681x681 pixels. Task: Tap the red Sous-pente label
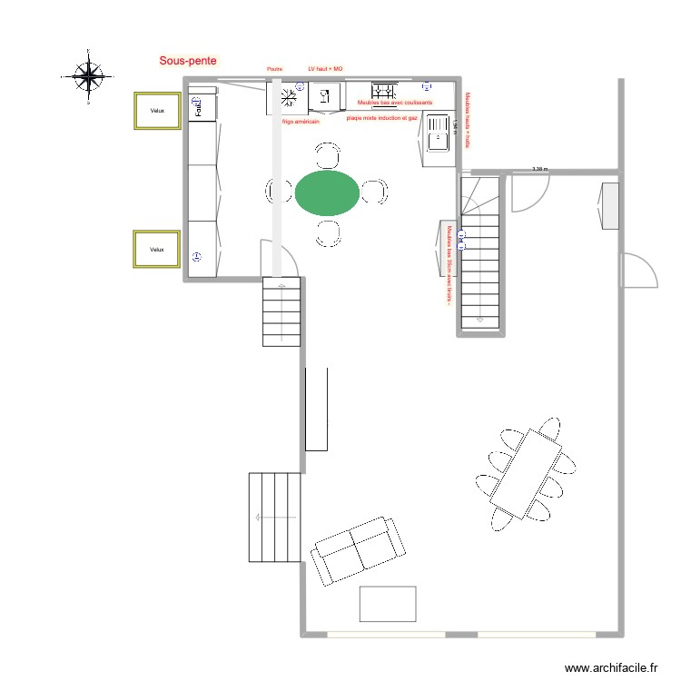pyautogui.click(x=188, y=61)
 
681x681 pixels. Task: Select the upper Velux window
pyautogui.click(x=158, y=111)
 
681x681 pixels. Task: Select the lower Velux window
pyautogui.click(x=157, y=249)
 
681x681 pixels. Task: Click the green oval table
pyautogui.click(x=326, y=192)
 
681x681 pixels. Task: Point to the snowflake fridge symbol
pyautogui.click(x=288, y=96)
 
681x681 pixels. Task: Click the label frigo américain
pyautogui.click(x=301, y=121)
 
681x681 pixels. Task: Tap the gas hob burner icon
pyautogui.click(x=385, y=91)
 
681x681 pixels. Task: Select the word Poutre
pyautogui.click(x=274, y=68)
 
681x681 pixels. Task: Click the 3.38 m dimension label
pyautogui.click(x=541, y=168)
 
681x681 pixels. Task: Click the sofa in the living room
pyautogui.click(x=359, y=549)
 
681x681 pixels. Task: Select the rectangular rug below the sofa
pyautogui.click(x=388, y=604)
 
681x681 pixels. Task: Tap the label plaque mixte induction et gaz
pyautogui.click(x=382, y=118)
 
